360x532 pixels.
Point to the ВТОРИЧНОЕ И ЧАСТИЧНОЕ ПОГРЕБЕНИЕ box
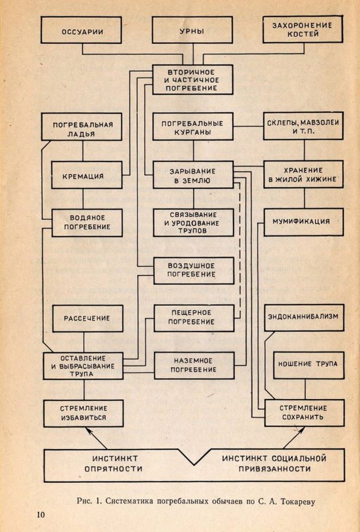(x=192, y=79)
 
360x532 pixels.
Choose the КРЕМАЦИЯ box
(x=87, y=176)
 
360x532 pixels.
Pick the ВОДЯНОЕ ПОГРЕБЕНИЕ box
(x=87, y=223)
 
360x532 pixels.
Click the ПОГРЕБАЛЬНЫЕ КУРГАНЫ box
(x=192, y=128)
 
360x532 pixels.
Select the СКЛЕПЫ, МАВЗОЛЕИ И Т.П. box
(x=304, y=128)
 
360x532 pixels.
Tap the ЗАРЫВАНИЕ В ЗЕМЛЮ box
(x=192, y=176)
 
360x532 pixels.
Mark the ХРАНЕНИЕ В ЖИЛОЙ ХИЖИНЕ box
(x=304, y=174)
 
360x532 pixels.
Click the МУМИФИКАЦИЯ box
(x=304, y=222)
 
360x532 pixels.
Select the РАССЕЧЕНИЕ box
(x=87, y=318)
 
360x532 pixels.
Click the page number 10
(x=40, y=514)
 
